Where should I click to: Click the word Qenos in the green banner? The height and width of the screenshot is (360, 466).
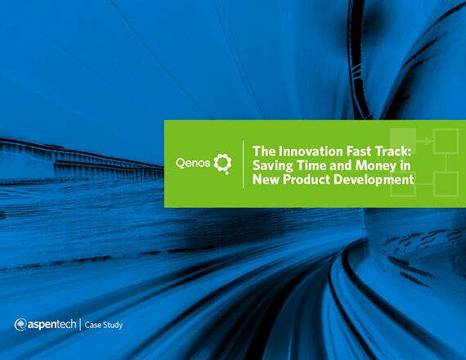[x=193, y=164]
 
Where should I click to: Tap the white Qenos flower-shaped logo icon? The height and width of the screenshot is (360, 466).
[x=222, y=164]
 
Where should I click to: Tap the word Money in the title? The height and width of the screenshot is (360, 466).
[x=376, y=166]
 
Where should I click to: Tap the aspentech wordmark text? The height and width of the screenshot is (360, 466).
[x=52, y=325]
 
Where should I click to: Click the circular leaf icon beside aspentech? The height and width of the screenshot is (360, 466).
[x=20, y=325]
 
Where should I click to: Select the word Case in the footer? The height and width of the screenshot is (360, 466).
[x=92, y=325]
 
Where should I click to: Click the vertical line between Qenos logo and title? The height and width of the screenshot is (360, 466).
[x=244, y=164]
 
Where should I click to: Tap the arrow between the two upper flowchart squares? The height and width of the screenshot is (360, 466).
[x=424, y=141]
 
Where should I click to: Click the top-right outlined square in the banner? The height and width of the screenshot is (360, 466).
[x=446, y=141]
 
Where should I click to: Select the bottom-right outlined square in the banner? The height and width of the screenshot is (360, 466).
[x=446, y=184]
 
